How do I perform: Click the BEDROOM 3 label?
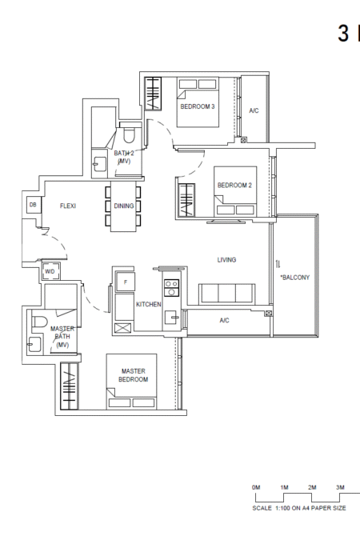(198, 106)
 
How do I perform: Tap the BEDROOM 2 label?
(234, 186)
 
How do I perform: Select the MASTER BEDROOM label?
(134, 375)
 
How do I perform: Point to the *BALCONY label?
(295, 278)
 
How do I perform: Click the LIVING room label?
(226, 260)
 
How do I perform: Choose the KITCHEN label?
(148, 304)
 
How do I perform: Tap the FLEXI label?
(68, 206)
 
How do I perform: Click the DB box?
(34, 205)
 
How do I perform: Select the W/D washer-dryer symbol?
(50, 272)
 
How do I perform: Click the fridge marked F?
(125, 282)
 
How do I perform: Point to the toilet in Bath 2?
(130, 135)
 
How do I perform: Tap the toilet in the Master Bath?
(39, 322)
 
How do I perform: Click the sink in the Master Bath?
(34, 344)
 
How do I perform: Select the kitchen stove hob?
(171, 288)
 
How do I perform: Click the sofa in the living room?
(226, 294)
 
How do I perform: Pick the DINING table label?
(124, 206)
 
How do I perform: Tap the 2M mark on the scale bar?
(312, 487)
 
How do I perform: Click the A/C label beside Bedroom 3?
(254, 110)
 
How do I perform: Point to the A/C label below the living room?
(224, 320)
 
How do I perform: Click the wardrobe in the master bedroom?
(70, 386)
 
